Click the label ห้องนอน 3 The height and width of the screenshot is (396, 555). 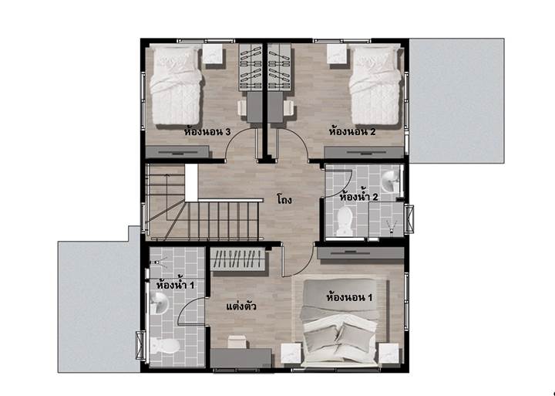tap(207, 132)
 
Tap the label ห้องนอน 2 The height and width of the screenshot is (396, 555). tap(352, 132)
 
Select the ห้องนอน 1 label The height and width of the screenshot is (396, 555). tap(349, 296)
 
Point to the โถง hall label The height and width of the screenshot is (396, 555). tap(284, 200)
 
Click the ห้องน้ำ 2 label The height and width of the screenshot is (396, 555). tap(358, 196)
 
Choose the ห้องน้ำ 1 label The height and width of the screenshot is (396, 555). tap(175, 284)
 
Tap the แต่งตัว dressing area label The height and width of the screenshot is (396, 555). tap(241, 306)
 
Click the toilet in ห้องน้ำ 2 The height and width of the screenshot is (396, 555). tap(345, 222)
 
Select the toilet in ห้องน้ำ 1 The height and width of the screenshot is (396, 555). tap(165, 346)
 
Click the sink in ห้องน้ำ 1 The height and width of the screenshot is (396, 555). tap(159, 304)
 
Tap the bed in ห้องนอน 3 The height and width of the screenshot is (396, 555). tap(176, 85)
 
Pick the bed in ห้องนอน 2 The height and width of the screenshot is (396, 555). tap(375, 85)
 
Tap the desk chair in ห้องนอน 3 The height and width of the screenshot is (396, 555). tap(242, 107)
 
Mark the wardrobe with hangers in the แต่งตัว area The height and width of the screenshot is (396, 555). tap(237, 259)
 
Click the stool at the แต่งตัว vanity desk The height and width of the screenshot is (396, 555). tap(236, 341)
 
